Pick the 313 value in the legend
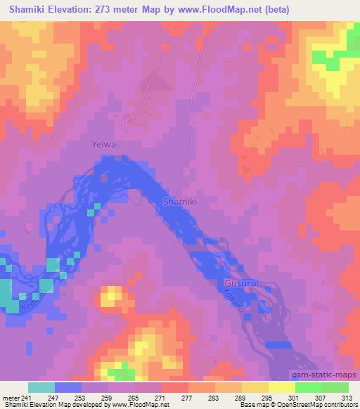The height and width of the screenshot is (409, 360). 347,398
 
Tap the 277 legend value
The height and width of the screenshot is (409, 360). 186,398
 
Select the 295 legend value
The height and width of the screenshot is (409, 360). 266,398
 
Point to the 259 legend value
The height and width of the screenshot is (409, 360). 107,398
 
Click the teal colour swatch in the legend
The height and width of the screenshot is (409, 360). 41,387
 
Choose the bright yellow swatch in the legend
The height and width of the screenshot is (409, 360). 282,387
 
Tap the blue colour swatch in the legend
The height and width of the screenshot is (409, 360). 68,387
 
